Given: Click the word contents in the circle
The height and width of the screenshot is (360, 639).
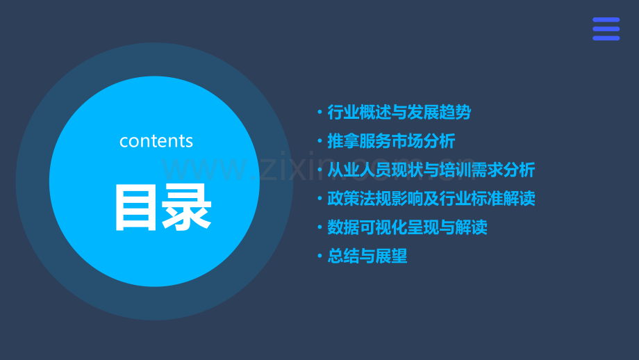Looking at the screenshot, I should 156,141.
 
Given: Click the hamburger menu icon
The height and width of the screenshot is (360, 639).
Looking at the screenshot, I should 606,29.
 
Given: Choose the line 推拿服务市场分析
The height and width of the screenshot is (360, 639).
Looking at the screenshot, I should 391,141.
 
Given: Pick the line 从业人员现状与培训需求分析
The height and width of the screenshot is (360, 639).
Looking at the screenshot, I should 431,170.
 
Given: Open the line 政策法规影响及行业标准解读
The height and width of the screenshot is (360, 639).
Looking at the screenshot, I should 431,199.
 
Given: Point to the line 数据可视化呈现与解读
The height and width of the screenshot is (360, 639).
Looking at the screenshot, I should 407,227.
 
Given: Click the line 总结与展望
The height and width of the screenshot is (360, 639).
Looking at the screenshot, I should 367,256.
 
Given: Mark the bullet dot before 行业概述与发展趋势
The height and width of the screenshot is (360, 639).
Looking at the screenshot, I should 319,113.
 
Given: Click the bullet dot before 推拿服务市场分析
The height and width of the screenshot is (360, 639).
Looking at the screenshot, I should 319,141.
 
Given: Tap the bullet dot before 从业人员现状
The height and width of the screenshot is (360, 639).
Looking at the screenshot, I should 319,170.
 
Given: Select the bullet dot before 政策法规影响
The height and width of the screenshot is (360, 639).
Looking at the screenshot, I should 319,199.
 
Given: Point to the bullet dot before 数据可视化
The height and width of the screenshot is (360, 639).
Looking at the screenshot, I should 319,227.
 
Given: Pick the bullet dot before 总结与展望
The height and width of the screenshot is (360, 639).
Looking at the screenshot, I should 319,256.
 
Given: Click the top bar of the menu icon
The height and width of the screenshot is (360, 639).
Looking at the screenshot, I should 606,20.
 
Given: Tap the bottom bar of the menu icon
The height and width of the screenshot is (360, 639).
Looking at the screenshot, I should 606,38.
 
